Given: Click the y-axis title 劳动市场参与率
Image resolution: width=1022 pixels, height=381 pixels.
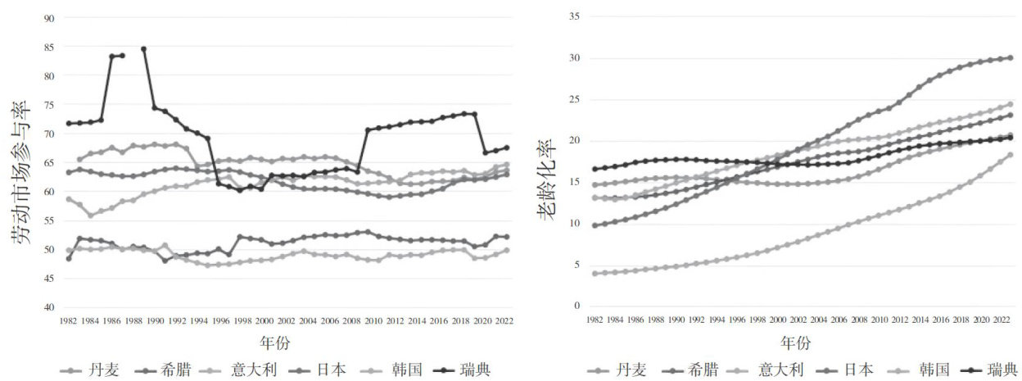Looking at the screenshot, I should click(23, 173).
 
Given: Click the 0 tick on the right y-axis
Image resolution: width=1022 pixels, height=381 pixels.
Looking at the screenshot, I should click(576, 306).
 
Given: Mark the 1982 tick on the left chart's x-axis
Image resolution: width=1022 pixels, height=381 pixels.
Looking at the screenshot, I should click(69, 321).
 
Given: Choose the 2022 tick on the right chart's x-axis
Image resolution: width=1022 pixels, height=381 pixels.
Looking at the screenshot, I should click(1001, 321).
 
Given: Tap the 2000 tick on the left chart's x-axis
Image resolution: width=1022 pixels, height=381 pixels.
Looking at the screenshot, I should click(265, 321).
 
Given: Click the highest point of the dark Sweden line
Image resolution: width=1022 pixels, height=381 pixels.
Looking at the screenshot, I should click(144, 49).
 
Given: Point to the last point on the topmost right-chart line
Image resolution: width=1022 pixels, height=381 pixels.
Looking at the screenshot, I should click(1010, 57).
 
